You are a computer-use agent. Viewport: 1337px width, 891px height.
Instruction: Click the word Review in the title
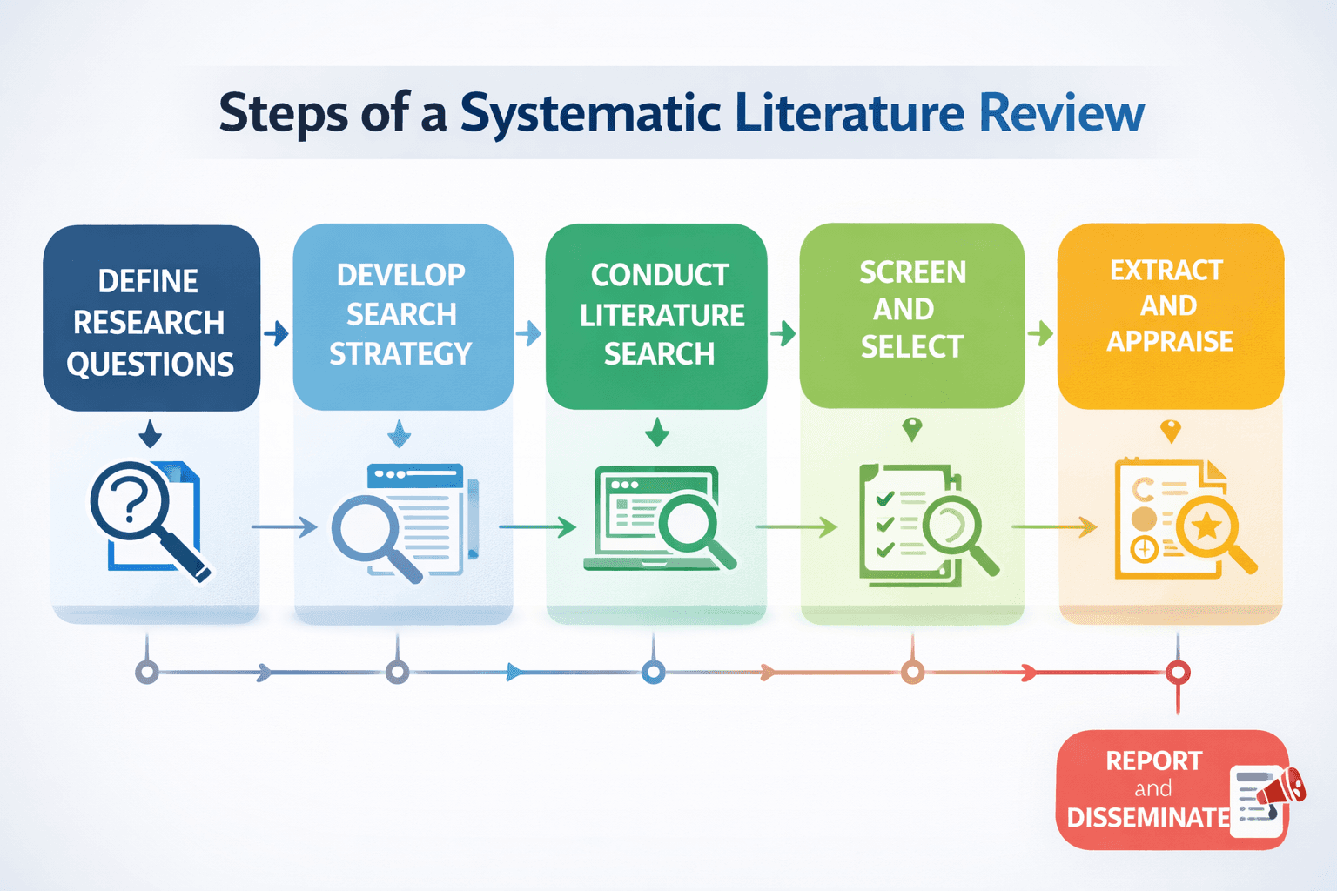tap(1061, 114)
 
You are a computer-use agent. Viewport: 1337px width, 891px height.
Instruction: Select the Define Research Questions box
tap(151, 318)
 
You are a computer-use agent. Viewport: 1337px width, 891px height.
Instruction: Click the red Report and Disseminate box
tap(1149, 789)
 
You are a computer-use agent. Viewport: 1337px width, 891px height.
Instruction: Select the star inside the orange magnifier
tap(1207, 526)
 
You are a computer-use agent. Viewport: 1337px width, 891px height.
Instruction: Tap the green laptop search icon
tap(657, 519)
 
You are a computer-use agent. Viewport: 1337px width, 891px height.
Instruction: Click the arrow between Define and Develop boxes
tap(276, 333)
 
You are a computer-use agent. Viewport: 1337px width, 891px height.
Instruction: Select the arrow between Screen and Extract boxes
tap(1040, 333)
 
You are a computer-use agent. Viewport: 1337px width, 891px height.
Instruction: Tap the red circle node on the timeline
tap(1178, 673)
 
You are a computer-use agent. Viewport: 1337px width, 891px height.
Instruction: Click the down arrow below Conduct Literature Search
tap(657, 432)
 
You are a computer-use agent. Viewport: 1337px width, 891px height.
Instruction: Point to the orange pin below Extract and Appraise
tap(1171, 431)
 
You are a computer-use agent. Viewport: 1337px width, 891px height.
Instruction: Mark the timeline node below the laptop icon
tap(654, 672)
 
